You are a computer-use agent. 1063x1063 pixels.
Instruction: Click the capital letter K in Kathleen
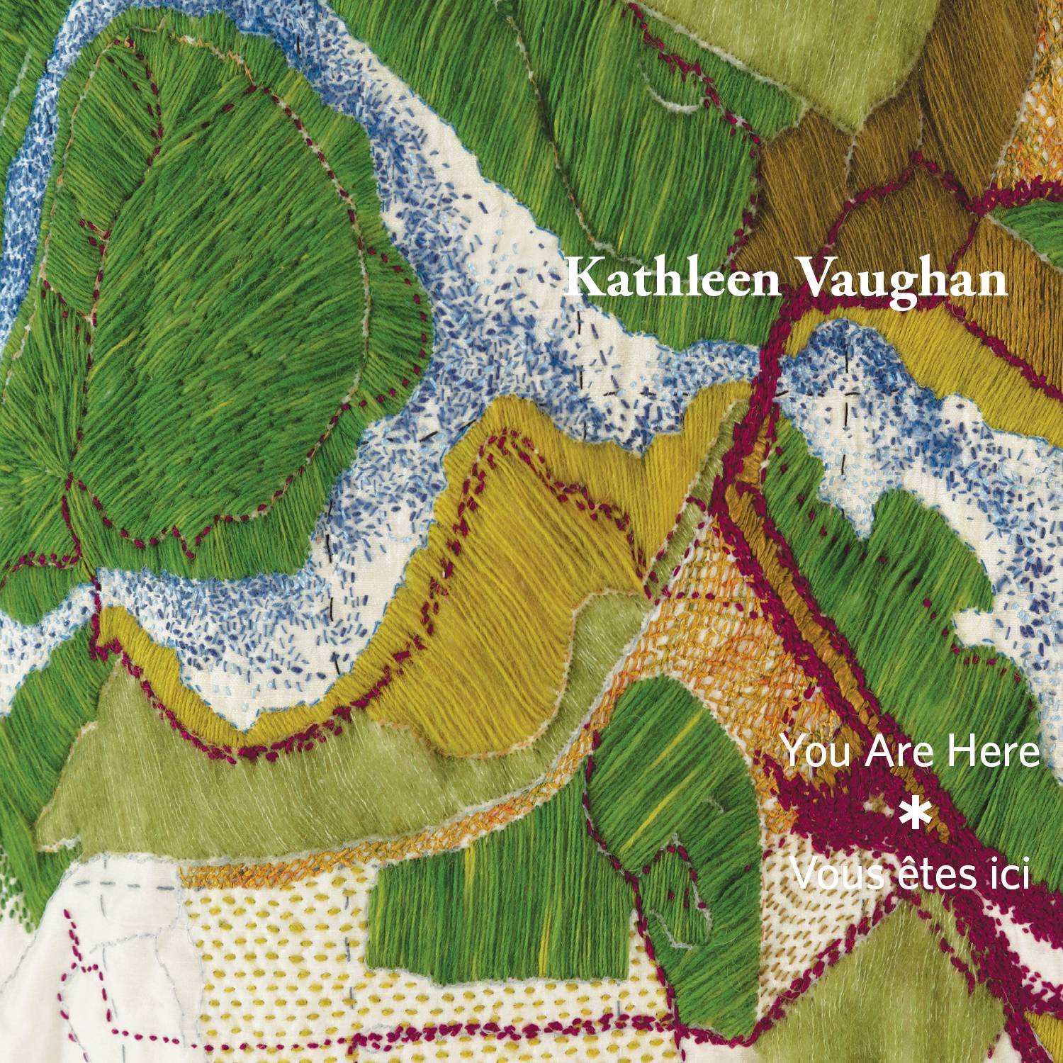tap(581, 279)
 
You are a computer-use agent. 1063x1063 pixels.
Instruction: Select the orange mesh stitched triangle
tap(709, 602)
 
